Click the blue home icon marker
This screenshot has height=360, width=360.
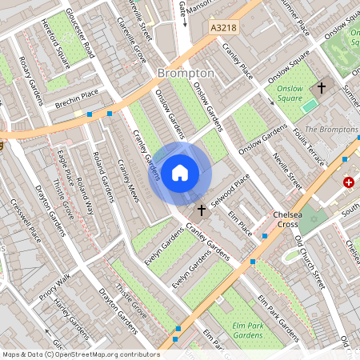pos(180,172)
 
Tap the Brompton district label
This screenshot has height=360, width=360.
pos(186,73)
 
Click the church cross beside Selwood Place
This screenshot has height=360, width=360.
pos(201,210)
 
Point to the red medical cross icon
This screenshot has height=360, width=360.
pos(349,182)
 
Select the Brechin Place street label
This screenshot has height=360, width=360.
pos(77,104)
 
